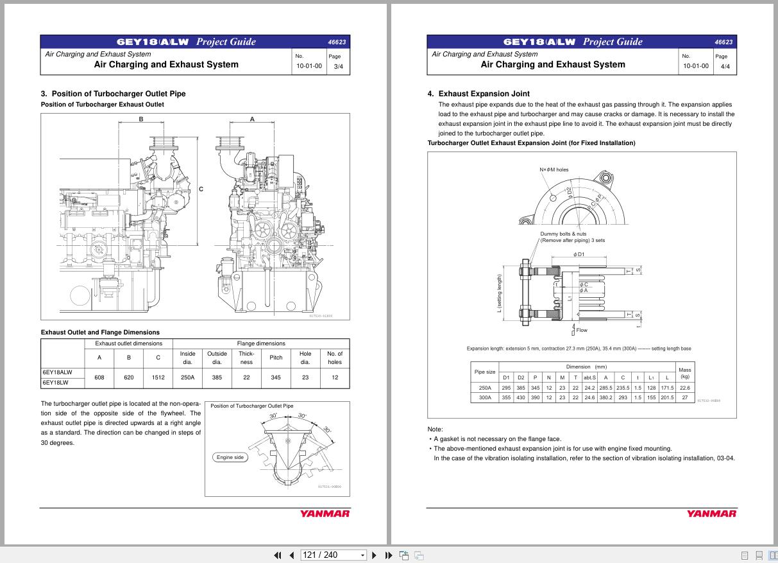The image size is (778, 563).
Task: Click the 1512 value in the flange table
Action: pos(158,377)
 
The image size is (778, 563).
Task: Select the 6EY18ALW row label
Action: pos(58,372)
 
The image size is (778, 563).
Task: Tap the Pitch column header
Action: pos(276,358)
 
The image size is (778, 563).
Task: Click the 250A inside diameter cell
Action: pos(187,377)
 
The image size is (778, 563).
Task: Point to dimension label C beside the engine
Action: pos(201,189)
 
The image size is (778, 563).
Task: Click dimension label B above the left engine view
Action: pos(141,119)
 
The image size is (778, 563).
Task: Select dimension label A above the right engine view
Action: pos(252,119)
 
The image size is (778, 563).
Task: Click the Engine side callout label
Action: pos(230,457)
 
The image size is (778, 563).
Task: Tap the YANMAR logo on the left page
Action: pos(325,514)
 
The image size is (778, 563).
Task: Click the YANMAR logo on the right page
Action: pos(711,514)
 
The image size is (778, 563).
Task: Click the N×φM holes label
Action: pos(554,169)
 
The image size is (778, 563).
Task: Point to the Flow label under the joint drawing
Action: pos(581,330)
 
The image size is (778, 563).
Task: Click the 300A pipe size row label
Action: pos(485,397)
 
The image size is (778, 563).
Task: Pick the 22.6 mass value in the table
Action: pos(684,387)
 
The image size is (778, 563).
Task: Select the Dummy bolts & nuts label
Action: pos(563,234)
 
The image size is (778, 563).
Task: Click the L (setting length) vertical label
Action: pos(500,293)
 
